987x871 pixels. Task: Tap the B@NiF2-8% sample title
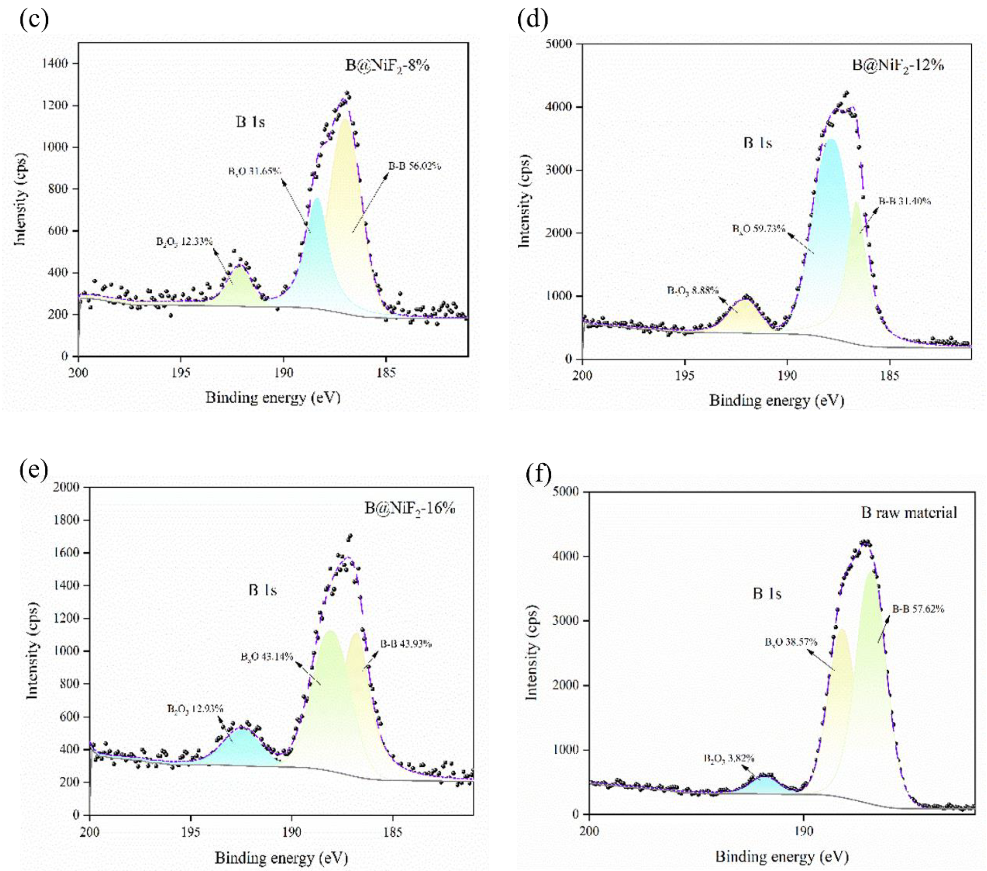[x=387, y=65]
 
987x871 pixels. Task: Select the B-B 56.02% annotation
[x=415, y=167]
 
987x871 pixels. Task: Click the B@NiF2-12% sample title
[x=898, y=65]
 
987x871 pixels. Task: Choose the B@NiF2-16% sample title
[x=410, y=508]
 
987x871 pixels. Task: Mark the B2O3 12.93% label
[x=195, y=709]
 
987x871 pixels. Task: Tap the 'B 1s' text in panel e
[x=263, y=590]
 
